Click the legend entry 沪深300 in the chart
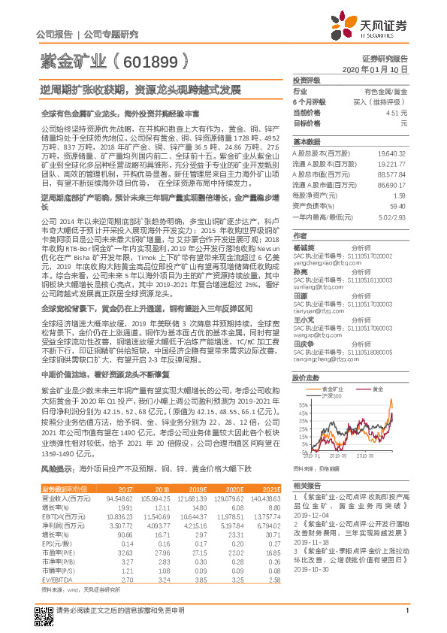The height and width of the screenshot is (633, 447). (x=331, y=395)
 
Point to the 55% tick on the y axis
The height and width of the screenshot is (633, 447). (x=303, y=404)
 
